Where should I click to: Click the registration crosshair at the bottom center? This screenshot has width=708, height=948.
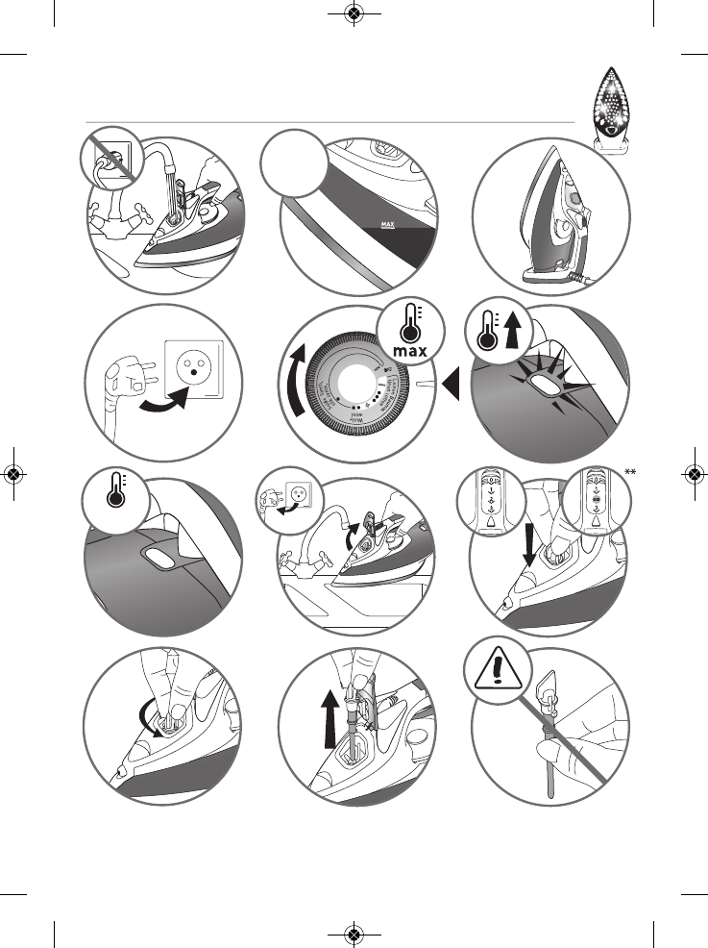pos(354,934)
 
